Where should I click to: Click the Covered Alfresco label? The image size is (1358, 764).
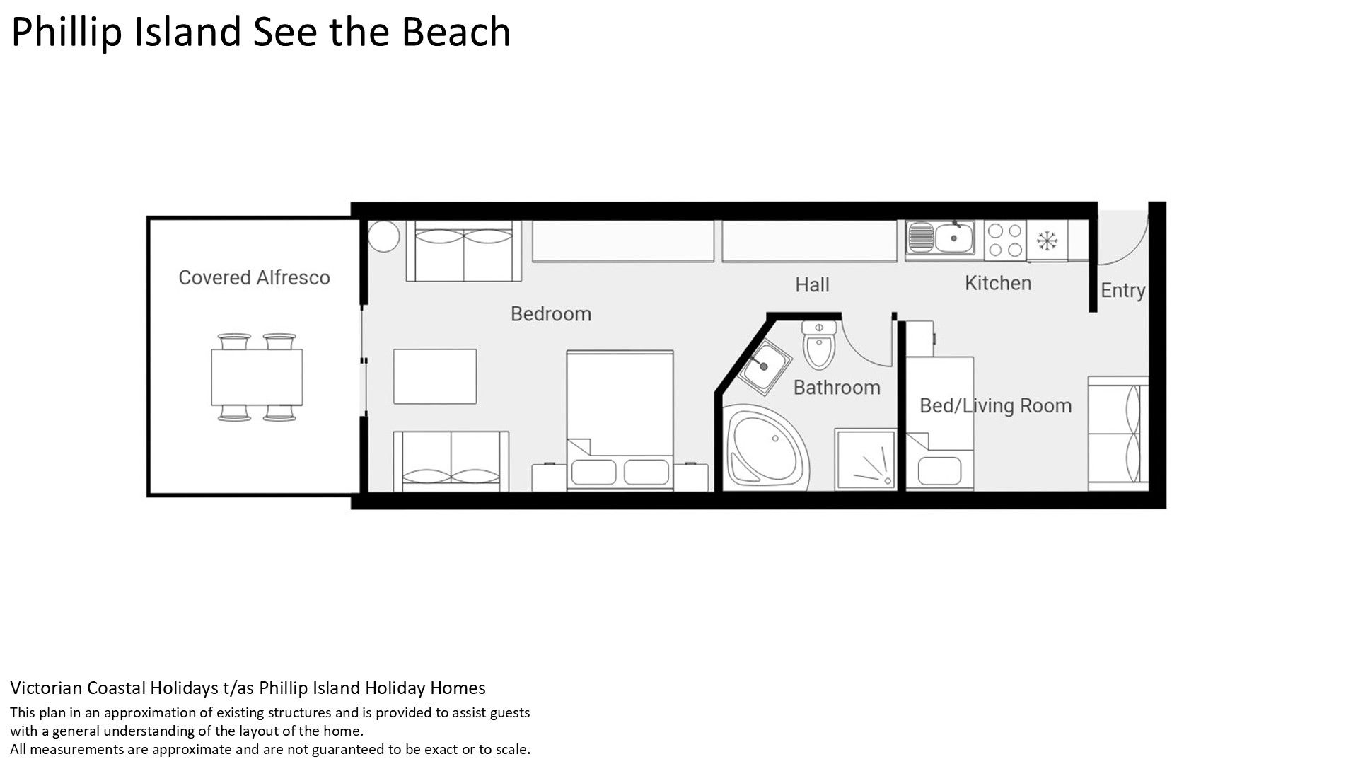(x=254, y=277)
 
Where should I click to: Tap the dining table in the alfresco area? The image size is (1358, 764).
(x=257, y=376)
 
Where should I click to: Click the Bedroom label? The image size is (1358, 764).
(x=551, y=313)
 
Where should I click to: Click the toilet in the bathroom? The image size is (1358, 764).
(x=820, y=345)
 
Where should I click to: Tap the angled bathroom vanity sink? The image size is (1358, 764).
(x=763, y=367)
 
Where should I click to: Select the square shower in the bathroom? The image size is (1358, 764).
(x=864, y=459)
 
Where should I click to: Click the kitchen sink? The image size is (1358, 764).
(x=941, y=238)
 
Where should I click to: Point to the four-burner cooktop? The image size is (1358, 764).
(x=1005, y=240)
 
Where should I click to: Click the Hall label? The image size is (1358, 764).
(x=812, y=284)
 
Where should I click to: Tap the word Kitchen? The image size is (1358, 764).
(x=998, y=283)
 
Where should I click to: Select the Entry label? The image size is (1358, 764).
(x=1122, y=290)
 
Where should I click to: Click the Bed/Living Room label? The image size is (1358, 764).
(x=995, y=405)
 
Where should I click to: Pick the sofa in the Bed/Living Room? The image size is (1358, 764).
(x=1118, y=434)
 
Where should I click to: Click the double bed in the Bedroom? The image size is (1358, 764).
(x=620, y=420)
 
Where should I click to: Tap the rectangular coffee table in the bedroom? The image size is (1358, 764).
(x=435, y=376)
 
